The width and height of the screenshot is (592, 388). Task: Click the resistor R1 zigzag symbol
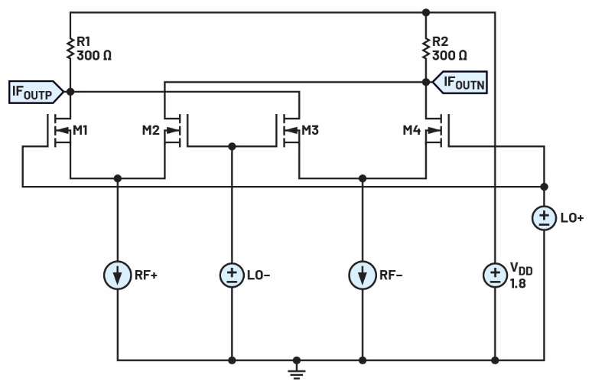pos(70,49)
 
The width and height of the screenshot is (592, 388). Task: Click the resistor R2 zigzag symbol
pos(426,49)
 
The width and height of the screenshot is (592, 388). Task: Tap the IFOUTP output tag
pos(34,92)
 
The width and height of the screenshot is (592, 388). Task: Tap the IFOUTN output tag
pos(460,79)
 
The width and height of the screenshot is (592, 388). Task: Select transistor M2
pos(174,131)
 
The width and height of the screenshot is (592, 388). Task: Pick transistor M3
pos(289,131)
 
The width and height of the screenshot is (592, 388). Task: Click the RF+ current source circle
pos(118,274)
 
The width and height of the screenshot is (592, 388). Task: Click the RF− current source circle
pos(363,274)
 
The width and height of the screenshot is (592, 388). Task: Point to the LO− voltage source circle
pos(232,274)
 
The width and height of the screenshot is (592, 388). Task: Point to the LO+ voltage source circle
pos(544,218)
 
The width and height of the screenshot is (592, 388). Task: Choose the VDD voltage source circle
pos(496,274)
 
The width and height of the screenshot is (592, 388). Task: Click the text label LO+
pos(572,219)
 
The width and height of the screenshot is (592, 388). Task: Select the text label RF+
pos(147,275)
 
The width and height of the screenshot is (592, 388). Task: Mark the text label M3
pos(311,131)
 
